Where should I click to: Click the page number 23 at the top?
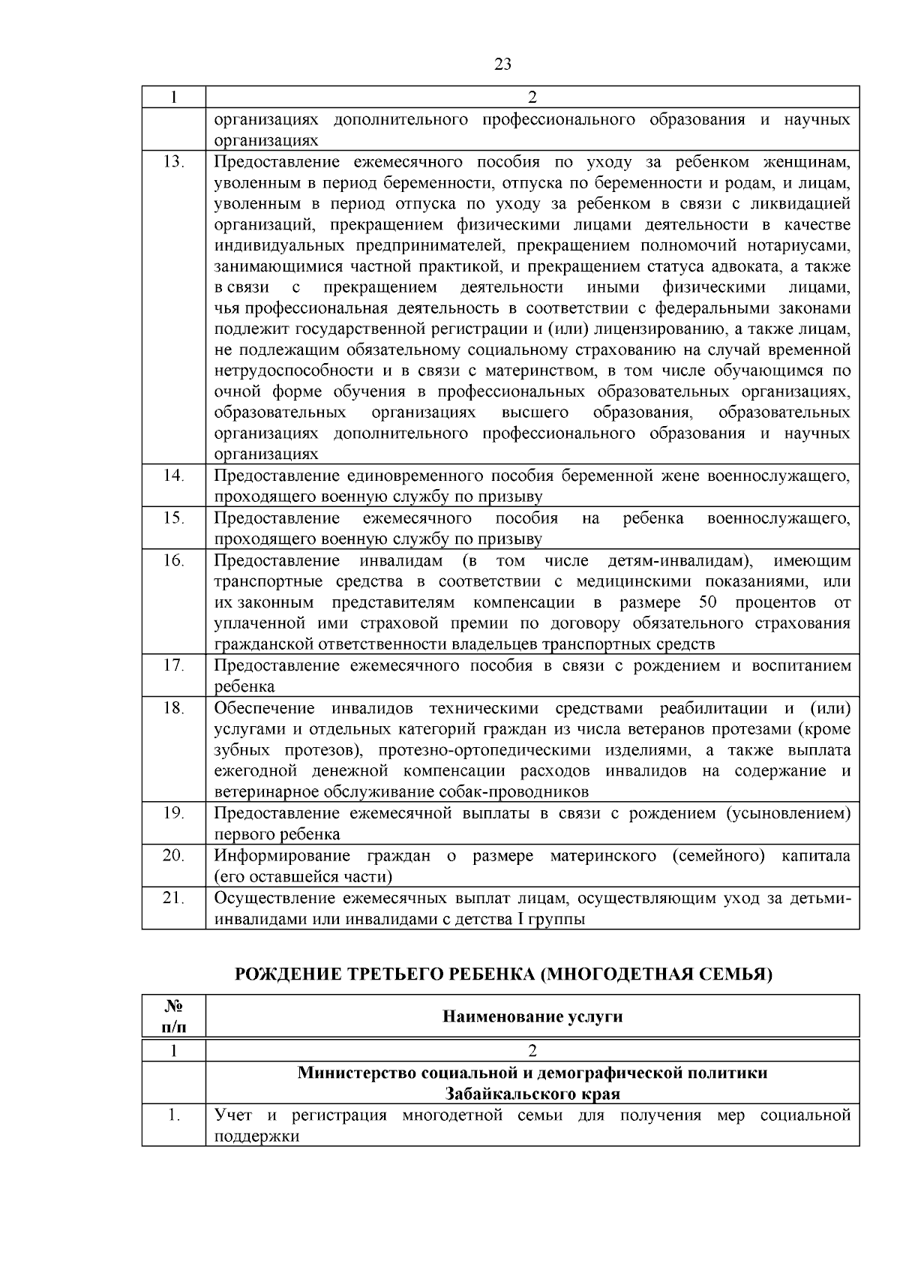coord(503,65)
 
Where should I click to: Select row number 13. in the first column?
coord(173,162)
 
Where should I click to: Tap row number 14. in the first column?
coord(173,476)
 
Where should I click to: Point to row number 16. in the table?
coord(173,560)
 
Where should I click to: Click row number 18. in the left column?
coord(173,708)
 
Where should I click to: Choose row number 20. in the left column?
coord(173,855)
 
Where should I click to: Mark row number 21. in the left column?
coord(173,897)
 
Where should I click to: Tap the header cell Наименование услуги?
coord(532,1016)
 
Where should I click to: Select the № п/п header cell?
coord(173,1016)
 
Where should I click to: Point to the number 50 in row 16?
coord(707,602)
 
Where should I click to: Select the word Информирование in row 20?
coord(282,856)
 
